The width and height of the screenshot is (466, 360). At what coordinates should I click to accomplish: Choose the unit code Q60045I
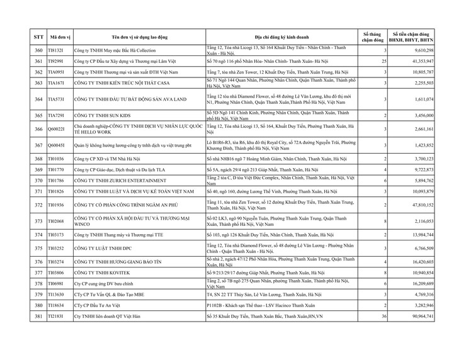pos(57,145)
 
